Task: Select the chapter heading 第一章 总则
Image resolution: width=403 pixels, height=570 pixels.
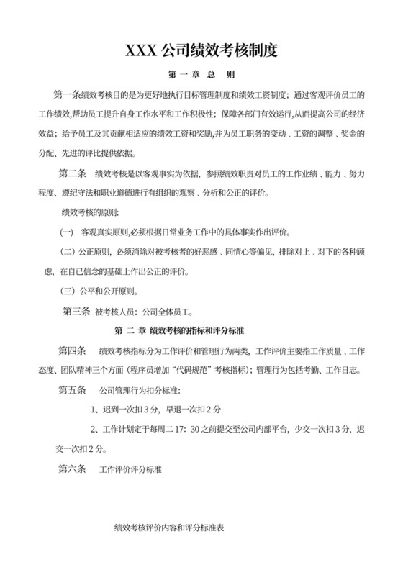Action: (201, 74)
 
